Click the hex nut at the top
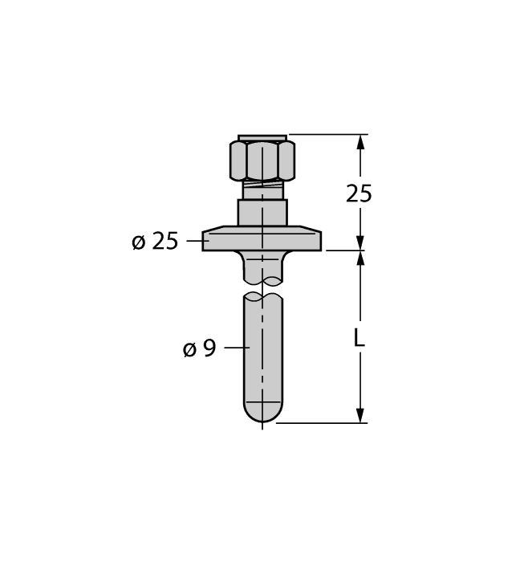point(262,160)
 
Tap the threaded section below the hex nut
point(262,191)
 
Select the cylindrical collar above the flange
point(262,212)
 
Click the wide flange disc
point(262,239)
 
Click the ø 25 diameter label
point(155,240)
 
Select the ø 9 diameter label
point(199,348)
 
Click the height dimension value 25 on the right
point(359,193)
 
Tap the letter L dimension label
point(359,338)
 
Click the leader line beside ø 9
point(237,348)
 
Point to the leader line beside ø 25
point(197,239)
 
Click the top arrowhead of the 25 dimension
point(361,143)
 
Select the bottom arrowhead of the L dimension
point(361,414)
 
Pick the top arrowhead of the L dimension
point(361,259)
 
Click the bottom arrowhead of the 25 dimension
point(361,242)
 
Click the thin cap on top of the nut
point(262,137)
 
